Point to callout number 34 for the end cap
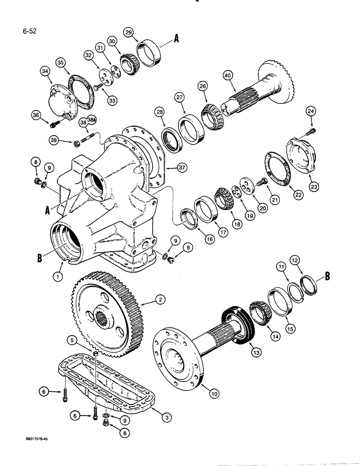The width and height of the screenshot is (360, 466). pyautogui.click(x=45, y=71)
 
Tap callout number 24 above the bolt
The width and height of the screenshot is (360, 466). pyautogui.click(x=311, y=110)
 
